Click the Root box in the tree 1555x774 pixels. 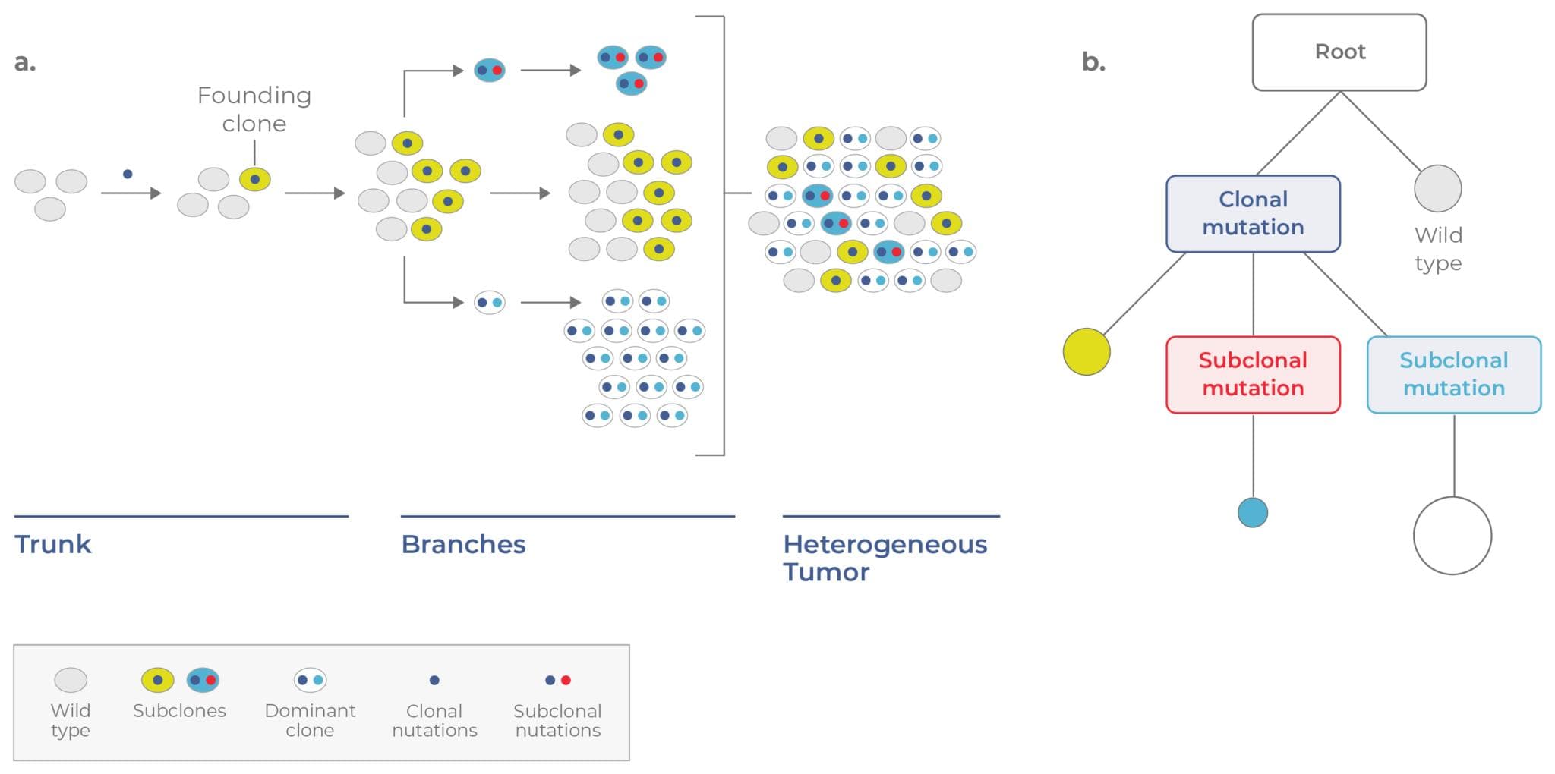point(1339,52)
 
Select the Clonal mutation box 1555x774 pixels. point(1253,213)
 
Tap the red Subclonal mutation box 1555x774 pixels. point(1253,374)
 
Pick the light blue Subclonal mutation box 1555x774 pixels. point(1453,374)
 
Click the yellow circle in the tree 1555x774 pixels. point(1086,351)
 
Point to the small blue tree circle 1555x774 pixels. point(1252,512)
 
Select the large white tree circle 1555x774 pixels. point(1452,536)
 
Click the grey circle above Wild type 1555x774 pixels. point(1437,188)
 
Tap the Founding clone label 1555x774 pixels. point(254,109)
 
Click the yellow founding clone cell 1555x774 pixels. point(255,180)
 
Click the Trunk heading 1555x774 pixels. point(52,544)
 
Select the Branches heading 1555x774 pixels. point(463,544)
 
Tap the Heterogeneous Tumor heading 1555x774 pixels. point(885,557)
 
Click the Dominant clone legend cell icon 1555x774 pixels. point(310,680)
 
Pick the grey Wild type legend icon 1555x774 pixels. point(71,680)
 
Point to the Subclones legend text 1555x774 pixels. point(179,711)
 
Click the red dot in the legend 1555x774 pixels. point(566,680)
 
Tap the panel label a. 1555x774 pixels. point(24,62)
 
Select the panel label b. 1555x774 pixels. point(1093,62)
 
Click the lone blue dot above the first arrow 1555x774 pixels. point(128,174)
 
